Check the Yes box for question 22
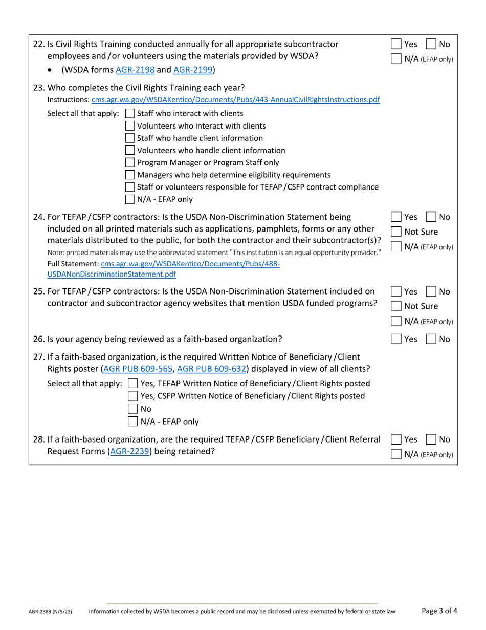396,45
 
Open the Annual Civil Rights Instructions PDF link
235,100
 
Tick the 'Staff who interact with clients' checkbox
130,114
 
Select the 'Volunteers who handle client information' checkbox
130,151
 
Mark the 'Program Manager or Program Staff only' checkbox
130,163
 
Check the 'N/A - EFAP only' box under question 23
130,199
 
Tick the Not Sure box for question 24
396,232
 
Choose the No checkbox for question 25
431,292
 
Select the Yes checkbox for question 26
396,339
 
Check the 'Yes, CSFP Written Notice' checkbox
133,396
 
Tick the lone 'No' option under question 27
133,409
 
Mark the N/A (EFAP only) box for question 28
396,454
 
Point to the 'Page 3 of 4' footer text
439,611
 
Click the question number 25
39,292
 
